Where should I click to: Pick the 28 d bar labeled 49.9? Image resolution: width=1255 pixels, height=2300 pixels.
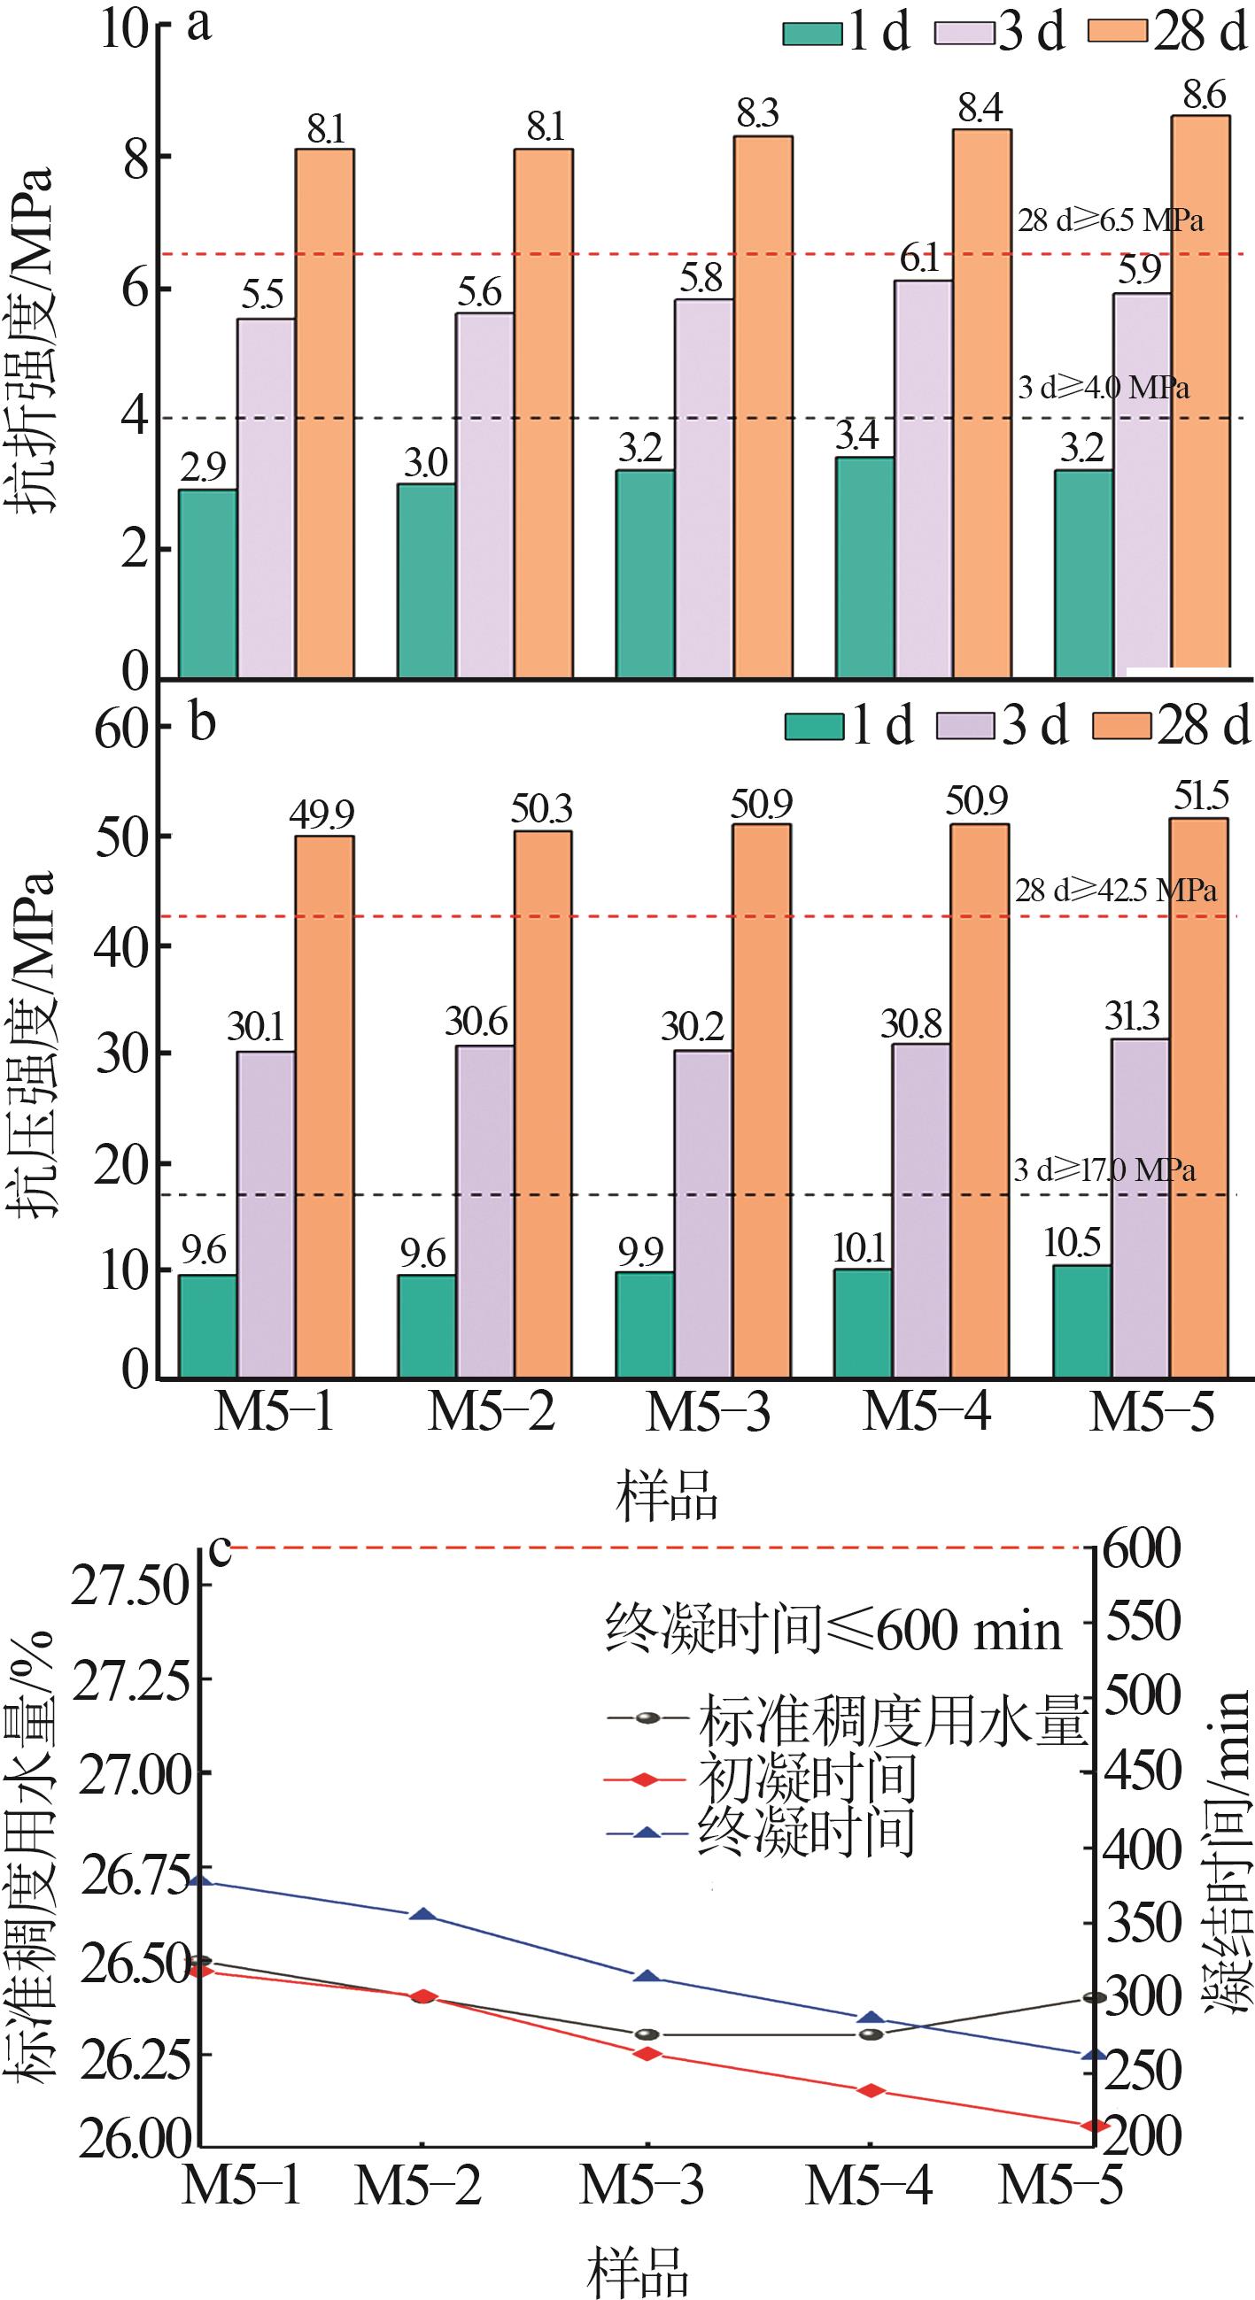tap(324, 1108)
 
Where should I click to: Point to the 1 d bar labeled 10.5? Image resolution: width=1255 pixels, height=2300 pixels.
tap(1081, 1322)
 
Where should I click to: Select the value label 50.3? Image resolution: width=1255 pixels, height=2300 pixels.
tap(542, 810)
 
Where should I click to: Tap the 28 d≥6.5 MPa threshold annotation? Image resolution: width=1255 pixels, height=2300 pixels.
tap(1111, 220)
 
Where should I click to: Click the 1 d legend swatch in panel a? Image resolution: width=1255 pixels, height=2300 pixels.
tap(812, 33)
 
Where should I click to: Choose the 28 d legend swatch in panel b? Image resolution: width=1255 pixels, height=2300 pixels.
tap(1122, 728)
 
